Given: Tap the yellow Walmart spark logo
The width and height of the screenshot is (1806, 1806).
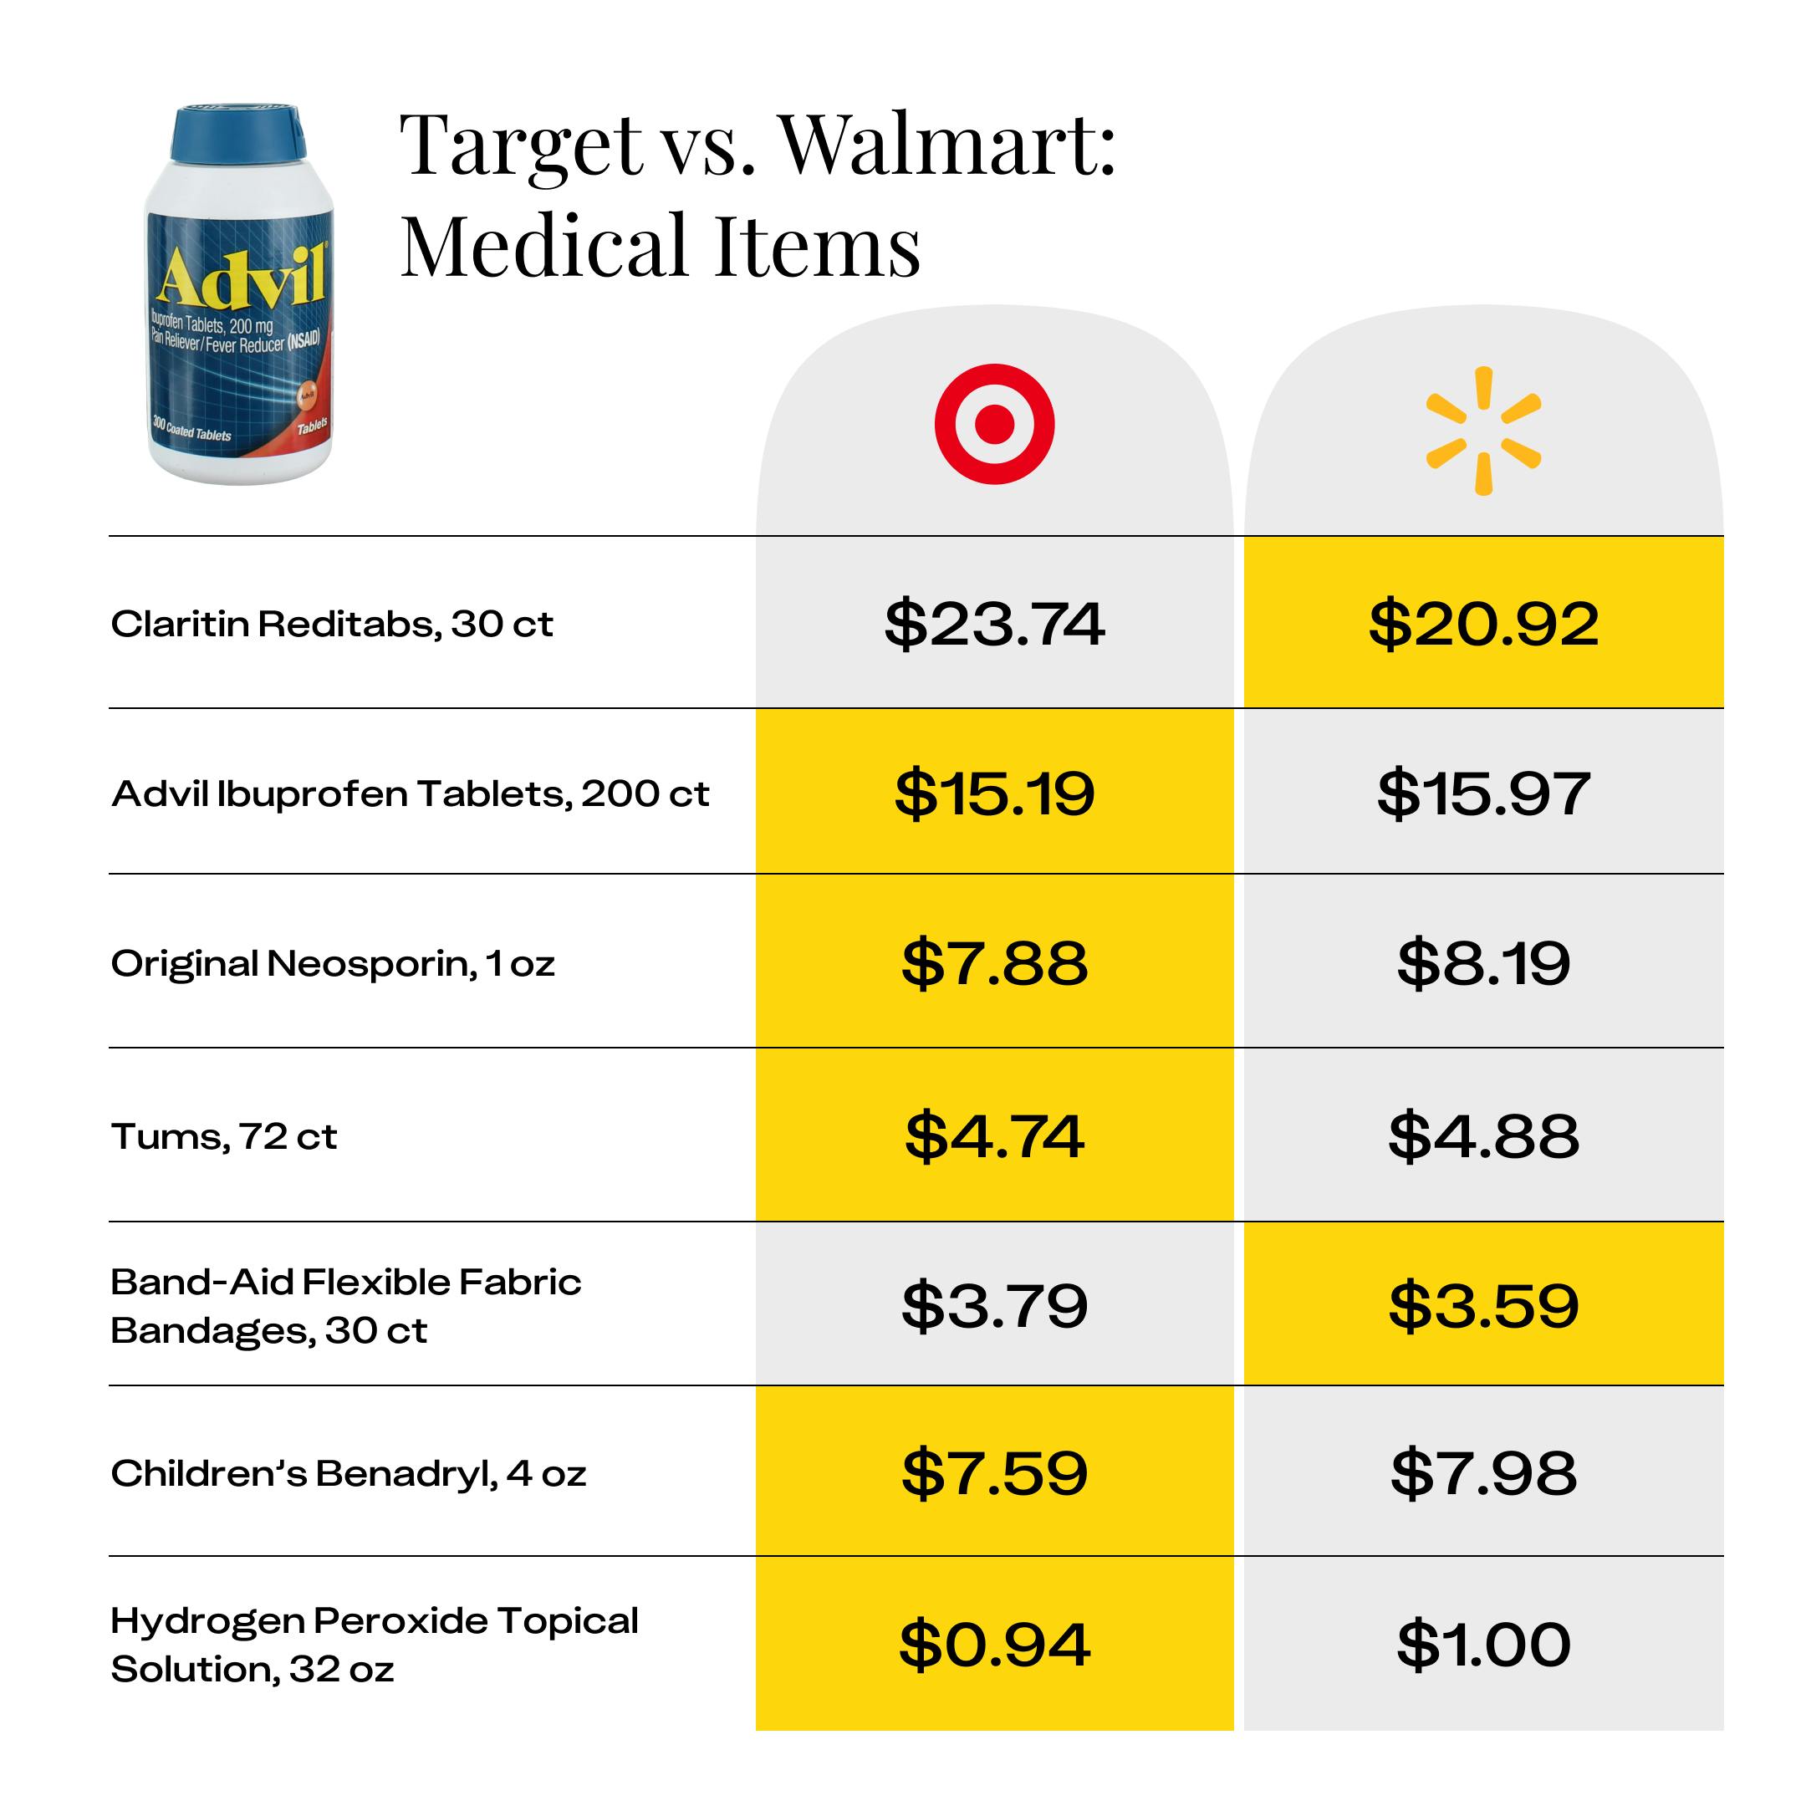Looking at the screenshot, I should (x=1482, y=430).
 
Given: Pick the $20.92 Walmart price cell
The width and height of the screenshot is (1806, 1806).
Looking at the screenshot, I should (x=1482, y=624).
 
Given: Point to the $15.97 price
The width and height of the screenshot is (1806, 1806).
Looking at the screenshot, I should (x=1482, y=793).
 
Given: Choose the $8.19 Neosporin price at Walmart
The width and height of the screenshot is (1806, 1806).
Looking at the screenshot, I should (x=1482, y=963).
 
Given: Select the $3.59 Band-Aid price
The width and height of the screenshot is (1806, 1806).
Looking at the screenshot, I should (x=1482, y=1305).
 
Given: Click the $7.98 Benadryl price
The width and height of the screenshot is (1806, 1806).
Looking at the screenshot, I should (x=1482, y=1473).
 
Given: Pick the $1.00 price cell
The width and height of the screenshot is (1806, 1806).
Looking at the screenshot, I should (x=1482, y=1645).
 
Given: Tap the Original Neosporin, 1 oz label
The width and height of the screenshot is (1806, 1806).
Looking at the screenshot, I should (x=332, y=964).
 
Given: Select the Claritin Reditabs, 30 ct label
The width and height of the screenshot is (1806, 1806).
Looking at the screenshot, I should (x=331, y=624).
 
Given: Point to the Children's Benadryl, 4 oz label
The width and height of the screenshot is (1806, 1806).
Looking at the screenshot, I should (x=348, y=1474).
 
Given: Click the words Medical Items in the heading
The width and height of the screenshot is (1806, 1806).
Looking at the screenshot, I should (x=660, y=246).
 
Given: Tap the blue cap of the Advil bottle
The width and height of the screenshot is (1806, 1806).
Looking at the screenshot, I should (x=238, y=134).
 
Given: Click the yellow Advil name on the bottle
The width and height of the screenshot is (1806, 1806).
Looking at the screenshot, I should (x=241, y=278).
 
